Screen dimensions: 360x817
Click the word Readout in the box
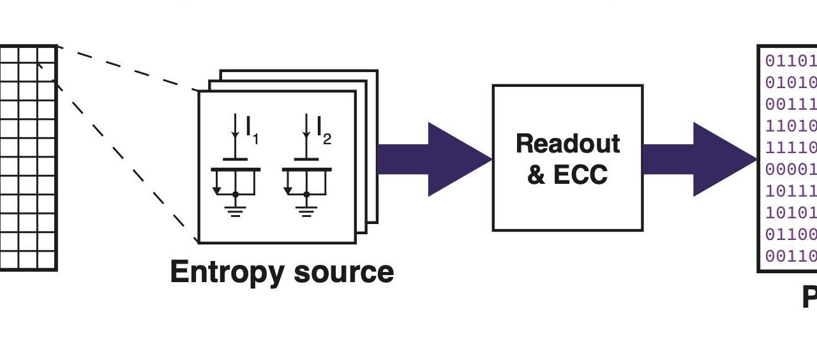567,144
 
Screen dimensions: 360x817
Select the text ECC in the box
580,174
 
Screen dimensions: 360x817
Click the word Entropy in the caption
226,272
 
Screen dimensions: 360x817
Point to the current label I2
324,130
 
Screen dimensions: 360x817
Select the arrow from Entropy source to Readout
434,159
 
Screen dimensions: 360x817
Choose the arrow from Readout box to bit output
699,159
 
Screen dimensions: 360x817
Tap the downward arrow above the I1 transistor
236,128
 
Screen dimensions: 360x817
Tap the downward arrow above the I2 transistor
308,128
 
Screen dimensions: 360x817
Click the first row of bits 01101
791,61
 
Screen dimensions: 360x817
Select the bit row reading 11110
791,147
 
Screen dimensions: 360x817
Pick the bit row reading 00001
791,169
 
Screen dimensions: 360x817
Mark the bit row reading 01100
791,234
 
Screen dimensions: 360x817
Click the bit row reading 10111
791,191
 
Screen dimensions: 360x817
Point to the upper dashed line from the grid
128,67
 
